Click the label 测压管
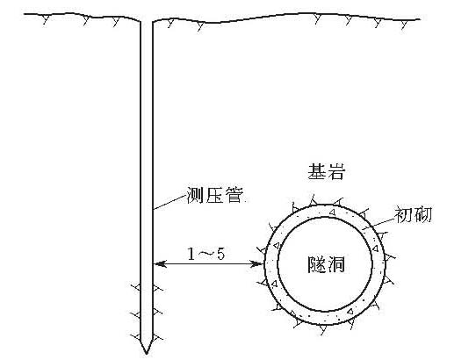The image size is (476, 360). (215, 195)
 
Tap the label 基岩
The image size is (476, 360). (327, 172)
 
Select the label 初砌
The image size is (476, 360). (413, 214)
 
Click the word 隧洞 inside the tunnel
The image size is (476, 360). (326, 264)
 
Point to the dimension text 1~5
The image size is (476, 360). (206, 254)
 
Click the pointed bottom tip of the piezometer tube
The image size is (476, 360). (147, 354)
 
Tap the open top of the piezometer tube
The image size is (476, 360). (147, 22)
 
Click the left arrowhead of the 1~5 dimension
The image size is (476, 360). (160, 263)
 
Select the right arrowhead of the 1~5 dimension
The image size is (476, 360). (257, 263)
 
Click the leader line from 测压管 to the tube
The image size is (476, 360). (169, 202)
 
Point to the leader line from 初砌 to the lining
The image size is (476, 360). (379, 223)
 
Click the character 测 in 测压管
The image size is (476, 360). (195, 195)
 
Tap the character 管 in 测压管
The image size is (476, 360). (234, 195)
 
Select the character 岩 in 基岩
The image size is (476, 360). (336, 172)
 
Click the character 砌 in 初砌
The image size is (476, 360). (422, 214)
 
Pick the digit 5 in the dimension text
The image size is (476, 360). (220, 254)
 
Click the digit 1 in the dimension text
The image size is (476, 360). (191, 254)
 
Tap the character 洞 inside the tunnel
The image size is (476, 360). (335, 264)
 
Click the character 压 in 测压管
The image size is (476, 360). (214, 195)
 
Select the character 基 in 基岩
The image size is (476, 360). (317, 172)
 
